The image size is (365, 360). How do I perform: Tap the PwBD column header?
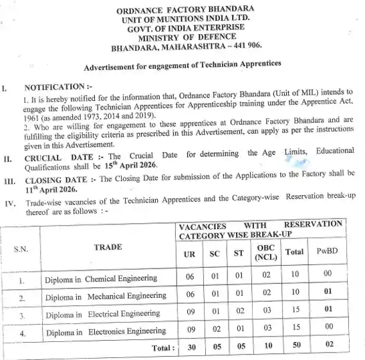point(328,253)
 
